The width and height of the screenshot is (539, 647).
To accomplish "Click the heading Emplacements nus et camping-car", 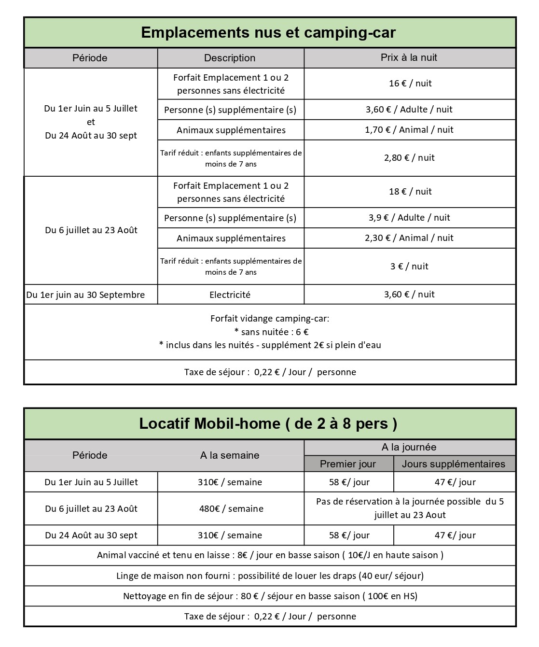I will coord(268,33).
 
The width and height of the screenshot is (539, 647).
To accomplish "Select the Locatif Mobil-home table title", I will coord(268,423).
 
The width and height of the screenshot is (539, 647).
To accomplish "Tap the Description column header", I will coord(230,58).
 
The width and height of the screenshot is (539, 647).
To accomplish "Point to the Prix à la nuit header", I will coord(409,57).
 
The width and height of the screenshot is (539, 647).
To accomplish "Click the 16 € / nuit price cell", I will coord(410,84).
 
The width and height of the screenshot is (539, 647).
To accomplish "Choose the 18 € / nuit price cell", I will coord(410,192).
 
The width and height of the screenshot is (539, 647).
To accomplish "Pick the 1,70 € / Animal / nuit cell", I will coord(409,130).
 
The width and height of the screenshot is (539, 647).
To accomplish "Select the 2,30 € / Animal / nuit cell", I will coord(409,238).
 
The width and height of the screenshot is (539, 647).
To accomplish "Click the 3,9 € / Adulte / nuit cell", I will coord(409,218).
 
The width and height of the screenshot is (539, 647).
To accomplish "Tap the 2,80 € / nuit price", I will coord(409,158).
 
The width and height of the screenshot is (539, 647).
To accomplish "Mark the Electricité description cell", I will coord(230,295).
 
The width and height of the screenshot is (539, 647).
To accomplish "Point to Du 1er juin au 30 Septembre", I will coord(85,295).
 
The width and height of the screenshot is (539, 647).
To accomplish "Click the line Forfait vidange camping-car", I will coord(270,319).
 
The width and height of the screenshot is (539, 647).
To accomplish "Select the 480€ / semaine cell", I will coord(231,509).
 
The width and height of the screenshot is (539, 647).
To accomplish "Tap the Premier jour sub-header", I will coord(347,464).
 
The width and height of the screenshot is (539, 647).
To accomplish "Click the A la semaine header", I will coord(230,455).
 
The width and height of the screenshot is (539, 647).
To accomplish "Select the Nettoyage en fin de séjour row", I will coord(270,596).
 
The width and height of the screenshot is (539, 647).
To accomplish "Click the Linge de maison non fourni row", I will coord(270,576).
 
